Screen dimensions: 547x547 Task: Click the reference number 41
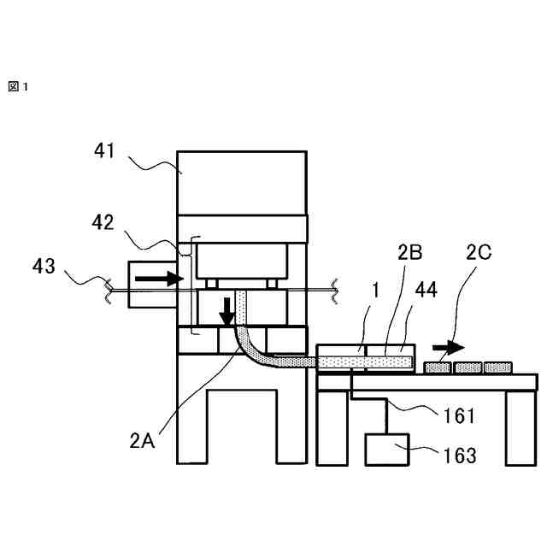tap(105, 152)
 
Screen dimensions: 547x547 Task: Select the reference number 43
tap(44, 267)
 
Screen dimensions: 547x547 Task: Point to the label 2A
tap(142, 441)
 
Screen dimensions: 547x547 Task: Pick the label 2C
tap(479, 253)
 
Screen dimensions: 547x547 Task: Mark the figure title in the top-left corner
tap(18, 86)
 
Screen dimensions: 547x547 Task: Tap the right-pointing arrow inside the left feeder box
tap(160, 279)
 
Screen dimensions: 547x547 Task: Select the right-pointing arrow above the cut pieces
tap(448, 348)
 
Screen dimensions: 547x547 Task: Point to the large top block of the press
tap(242, 183)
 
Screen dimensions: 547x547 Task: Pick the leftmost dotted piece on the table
tap(438, 368)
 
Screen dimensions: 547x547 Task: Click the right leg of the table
tap(521, 427)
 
